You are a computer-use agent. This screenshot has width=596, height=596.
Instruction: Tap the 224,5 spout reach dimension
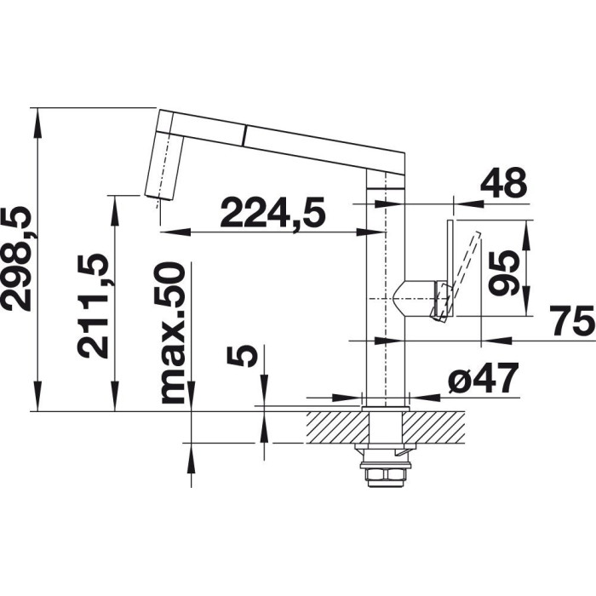(x=273, y=212)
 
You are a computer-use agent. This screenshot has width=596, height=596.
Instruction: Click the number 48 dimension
(x=504, y=184)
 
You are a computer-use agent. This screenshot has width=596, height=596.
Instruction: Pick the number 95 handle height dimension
(x=504, y=272)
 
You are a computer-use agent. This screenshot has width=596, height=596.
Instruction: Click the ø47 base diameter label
(x=483, y=378)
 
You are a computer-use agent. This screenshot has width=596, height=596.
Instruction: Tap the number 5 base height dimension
(x=242, y=355)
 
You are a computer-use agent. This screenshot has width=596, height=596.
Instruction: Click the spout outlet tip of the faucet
(x=158, y=197)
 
